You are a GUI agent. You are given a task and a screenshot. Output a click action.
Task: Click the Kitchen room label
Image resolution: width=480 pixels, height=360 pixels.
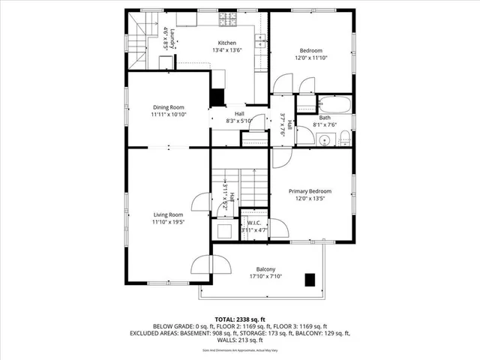coord(227,43)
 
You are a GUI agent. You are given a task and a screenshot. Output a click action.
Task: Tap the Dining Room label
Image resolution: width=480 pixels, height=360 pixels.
coord(168,107)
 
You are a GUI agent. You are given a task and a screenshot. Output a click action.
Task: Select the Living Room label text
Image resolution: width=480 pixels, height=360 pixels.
coord(168,215)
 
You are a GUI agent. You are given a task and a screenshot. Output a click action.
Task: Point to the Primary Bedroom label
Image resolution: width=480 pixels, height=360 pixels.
coord(310,191)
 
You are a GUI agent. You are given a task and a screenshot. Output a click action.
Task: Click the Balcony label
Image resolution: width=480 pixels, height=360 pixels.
coord(265,270)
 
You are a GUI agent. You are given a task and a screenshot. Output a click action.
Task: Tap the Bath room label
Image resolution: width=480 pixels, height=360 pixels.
coord(325,118)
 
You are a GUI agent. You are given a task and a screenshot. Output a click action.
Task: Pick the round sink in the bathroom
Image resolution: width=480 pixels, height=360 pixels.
coord(324,139)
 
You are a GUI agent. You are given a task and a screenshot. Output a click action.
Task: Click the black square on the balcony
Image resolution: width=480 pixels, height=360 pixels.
coord(309,279)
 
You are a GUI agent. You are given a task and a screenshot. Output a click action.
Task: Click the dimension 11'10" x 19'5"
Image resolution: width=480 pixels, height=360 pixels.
coord(168,223)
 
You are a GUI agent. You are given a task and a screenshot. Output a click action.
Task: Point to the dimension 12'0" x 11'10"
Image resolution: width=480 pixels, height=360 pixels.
coord(310,58)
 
